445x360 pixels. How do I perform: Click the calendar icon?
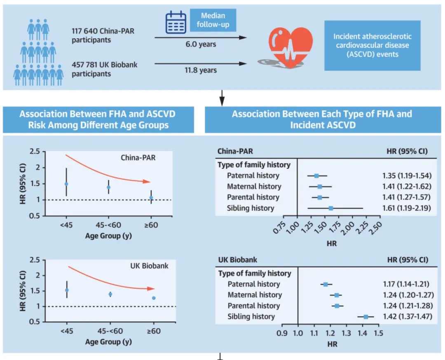click(x=176, y=22)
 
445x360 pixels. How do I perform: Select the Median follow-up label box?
click(x=213, y=20)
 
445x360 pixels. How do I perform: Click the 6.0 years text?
click(x=201, y=44)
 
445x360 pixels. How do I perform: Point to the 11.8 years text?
click(x=201, y=70)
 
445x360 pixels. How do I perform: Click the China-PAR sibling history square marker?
click(x=331, y=208)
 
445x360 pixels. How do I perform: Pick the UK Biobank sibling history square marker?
click(x=366, y=317)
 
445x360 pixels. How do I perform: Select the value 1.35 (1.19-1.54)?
click(x=407, y=175)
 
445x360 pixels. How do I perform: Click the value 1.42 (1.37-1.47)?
click(x=408, y=316)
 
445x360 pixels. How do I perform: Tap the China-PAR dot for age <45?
click(x=66, y=184)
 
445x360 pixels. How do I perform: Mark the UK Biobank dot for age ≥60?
click(x=154, y=298)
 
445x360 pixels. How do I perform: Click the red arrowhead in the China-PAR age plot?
click(x=146, y=182)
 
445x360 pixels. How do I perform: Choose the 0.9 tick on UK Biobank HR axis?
click(x=282, y=333)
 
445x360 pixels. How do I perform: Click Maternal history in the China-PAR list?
click(x=254, y=186)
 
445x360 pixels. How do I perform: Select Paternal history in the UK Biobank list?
click(x=254, y=284)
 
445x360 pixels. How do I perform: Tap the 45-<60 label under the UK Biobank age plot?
click(x=110, y=331)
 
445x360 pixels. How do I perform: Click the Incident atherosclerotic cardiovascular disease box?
click(x=372, y=45)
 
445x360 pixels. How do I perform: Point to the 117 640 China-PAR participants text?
click(x=103, y=35)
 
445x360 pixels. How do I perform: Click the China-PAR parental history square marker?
click(x=320, y=197)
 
